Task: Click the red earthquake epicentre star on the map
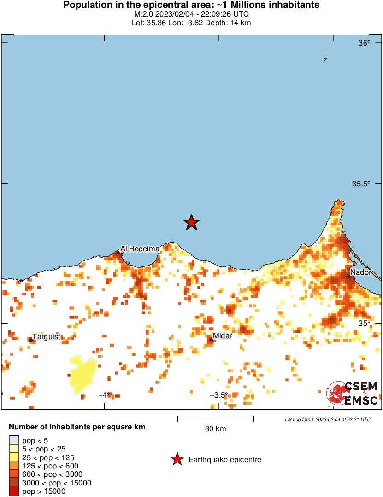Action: click(x=191, y=222)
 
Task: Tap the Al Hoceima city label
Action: click(x=140, y=248)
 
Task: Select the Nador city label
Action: click(x=360, y=272)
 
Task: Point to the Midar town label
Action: click(x=222, y=336)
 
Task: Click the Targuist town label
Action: click(x=47, y=336)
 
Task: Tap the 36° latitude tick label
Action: click(x=365, y=43)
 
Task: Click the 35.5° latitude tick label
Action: click(x=361, y=184)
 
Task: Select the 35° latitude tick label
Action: click(x=365, y=324)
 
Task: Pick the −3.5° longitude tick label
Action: click(x=218, y=395)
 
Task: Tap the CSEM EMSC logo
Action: click(x=353, y=394)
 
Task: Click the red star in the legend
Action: click(x=177, y=459)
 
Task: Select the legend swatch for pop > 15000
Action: click(x=14, y=491)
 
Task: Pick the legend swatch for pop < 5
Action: click(x=14, y=440)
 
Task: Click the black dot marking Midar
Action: click(x=212, y=340)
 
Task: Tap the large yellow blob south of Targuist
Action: click(x=82, y=374)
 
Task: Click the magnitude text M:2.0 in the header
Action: click(x=144, y=14)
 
